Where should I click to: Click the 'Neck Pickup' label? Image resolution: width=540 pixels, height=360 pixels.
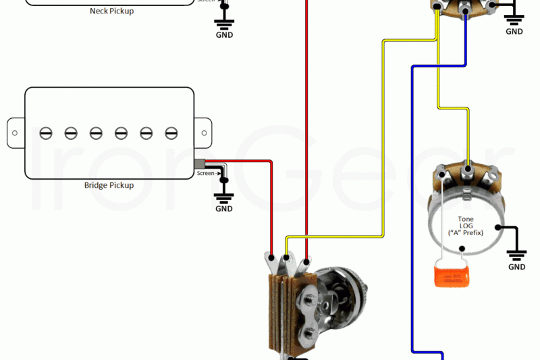[111, 11]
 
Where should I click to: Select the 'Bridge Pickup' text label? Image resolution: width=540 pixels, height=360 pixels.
[109, 185]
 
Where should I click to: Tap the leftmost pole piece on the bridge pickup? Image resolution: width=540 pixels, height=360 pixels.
[46, 132]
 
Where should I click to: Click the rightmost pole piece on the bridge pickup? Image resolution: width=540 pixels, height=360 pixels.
[172, 132]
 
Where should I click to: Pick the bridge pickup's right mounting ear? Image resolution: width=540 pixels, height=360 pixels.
[203, 132]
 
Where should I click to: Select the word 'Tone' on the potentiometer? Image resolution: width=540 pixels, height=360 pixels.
[466, 220]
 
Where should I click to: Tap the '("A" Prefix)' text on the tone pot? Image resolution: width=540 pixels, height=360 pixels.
[466, 233]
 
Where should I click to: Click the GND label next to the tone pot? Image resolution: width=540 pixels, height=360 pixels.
[516, 267]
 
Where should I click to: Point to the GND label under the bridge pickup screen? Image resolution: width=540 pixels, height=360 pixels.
[224, 209]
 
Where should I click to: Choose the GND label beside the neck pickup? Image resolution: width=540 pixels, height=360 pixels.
[224, 34]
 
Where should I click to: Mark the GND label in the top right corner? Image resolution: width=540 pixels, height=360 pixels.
[514, 31]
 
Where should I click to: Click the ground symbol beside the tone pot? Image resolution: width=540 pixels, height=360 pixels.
[516, 254]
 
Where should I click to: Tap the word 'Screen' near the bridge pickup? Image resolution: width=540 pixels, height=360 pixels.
[205, 174]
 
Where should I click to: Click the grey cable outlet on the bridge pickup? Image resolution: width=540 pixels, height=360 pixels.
[199, 163]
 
